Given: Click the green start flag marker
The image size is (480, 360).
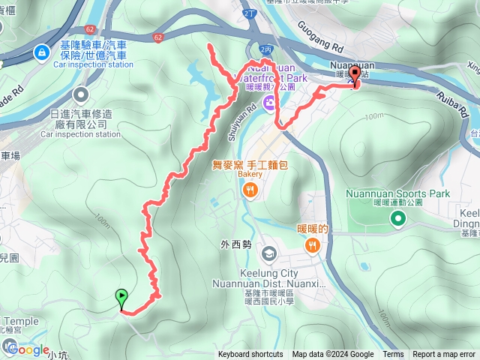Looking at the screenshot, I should (121, 299).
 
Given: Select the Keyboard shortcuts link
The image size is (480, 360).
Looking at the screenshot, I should (250, 355).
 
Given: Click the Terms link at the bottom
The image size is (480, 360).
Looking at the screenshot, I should (393, 355).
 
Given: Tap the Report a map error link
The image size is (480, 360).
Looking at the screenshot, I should (445, 355).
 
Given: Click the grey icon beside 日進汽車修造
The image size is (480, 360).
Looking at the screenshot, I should (80, 95).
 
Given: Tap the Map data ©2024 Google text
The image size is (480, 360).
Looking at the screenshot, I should (333, 355).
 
